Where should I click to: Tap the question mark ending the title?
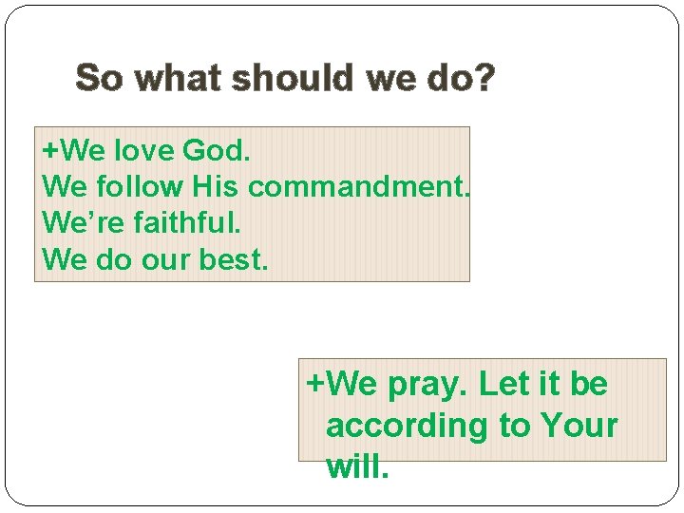pos(484,78)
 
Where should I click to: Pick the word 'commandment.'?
pos(359,187)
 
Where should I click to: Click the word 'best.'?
pos(235,259)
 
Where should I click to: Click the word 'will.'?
pos(357,465)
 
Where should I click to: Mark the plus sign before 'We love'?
pos(48,151)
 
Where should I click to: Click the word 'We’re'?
pos(74,223)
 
